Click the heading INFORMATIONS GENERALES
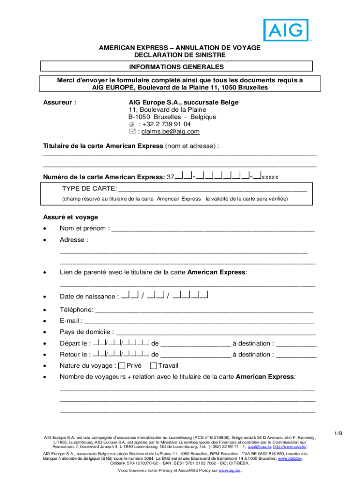tap(180, 67)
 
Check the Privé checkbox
tap(122, 366)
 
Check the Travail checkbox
tap(153, 366)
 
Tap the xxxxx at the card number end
tap(270, 177)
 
